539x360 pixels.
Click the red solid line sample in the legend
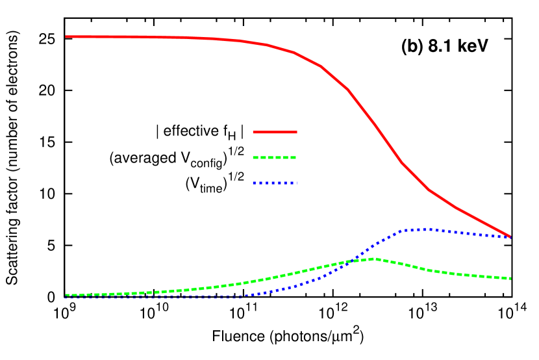[275, 132]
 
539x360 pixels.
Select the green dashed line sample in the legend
[275, 157]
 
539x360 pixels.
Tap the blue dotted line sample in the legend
[275, 183]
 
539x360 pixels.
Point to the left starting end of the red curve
[66, 36]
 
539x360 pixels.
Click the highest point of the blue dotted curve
[427, 229]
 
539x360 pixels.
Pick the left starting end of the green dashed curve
[66, 294]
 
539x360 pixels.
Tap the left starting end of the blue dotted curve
[66, 297]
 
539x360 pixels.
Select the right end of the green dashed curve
[510, 278]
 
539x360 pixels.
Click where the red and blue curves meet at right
[510, 237]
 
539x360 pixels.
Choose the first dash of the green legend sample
[257, 157]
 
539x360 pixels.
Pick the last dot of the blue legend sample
[295, 183]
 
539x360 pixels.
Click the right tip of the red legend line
[296, 132]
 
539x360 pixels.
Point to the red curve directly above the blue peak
[427, 188]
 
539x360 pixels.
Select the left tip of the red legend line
[254, 132]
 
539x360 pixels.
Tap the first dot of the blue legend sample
[255, 183]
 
